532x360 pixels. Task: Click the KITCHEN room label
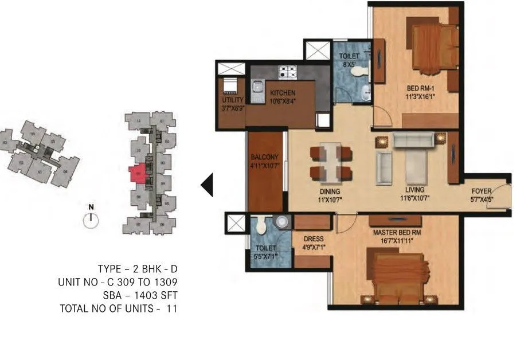pos(283,93)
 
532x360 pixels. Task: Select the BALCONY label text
pos(264,157)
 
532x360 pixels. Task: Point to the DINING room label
pos(330,191)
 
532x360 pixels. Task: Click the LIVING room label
pos(414,190)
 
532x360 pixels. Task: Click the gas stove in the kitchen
pos(287,72)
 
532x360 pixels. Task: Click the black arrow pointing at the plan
pos(207,185)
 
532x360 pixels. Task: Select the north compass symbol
pos(91,218)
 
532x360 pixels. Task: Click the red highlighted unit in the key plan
pos(138,174)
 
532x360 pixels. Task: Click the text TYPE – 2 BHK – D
pos(138,269)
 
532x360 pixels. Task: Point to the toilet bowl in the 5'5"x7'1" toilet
pos(261,228)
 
